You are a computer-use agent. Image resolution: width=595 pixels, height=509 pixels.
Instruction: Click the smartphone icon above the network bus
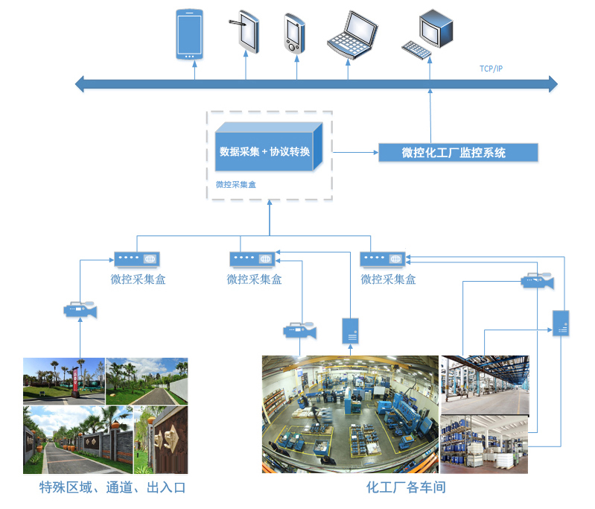pos(189,34)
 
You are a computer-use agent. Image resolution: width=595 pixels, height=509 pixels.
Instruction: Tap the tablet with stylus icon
pos(245,32)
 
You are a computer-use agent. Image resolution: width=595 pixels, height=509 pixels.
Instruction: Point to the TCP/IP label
pos(491,69)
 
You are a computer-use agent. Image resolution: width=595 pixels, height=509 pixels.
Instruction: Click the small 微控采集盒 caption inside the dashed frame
pos(235,184)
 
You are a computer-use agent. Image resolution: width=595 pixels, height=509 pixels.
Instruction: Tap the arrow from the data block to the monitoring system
pos(354,152)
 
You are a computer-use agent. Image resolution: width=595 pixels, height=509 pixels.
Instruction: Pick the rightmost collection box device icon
pos(384,259)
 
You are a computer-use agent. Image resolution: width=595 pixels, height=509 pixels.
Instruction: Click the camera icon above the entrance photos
pos(80,309)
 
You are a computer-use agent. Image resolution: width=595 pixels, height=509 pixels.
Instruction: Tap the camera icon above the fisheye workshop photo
pos(300,331)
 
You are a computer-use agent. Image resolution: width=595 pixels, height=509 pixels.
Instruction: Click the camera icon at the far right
pos(537,282)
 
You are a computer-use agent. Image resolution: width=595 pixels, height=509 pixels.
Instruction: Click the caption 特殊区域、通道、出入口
pos(112,488)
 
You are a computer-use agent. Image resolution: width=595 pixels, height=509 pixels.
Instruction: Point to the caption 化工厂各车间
pos(406,488)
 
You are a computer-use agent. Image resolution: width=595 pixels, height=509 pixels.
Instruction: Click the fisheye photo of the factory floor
pos(349,414)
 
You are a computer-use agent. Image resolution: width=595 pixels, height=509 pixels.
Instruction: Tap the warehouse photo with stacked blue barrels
pos(484,445)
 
